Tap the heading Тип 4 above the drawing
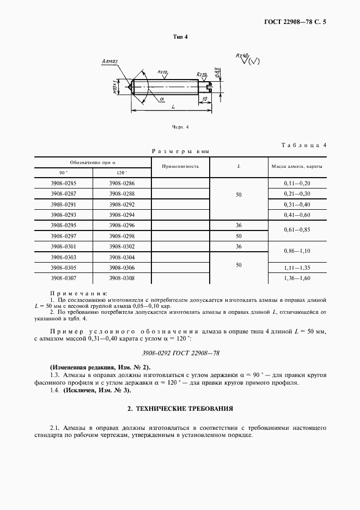pyautogui.click(x=180, y=37)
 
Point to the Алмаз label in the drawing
pyautogui.click(x=110, y=63)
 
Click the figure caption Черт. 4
pyautogui.click(x=180, y=127)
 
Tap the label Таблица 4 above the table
pyautogui.click(x=304, y=145)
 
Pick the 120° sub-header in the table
pyautogui.click(x=121, y=173)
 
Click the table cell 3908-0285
pyautogui.click(x=64, y=184)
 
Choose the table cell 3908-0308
pyautogui.click(x=121, y=278)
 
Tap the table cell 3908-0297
pyautogui.click(x=64, y=236)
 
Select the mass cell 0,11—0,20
pyautogui.click(x=297, y=184)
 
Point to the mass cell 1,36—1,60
pyautogui.click(x=297, y=278)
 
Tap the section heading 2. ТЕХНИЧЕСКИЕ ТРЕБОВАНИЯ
pyautogui.click(x=180, y=408)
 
